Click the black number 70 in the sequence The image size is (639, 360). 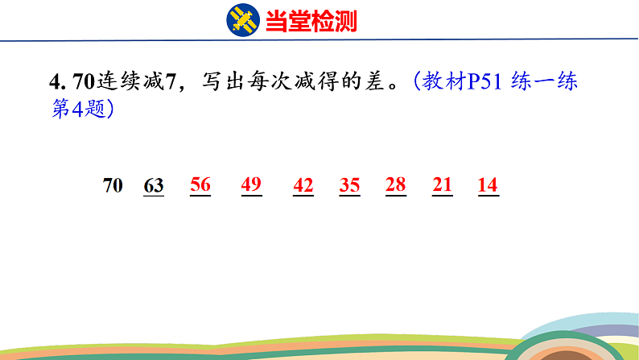point(113,186)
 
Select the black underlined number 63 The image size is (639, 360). point(154,186)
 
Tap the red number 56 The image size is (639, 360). point(200,185)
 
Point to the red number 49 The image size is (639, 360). point(251,185)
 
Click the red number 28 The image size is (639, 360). point(395,185)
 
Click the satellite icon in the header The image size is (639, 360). point(243,20)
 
